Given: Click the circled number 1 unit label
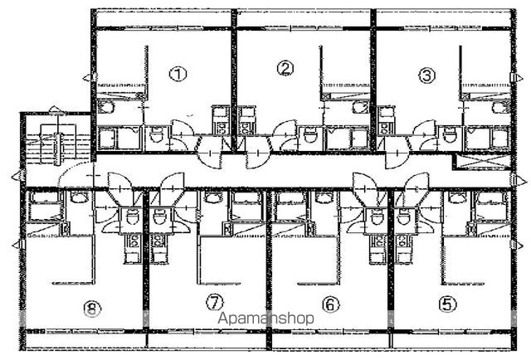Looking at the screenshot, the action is [x=178, y=74].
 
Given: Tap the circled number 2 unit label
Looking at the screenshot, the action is [x=285, y=68].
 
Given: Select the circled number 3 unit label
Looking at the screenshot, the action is [x=426, y=75].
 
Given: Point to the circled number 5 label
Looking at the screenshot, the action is [x=448, y=304].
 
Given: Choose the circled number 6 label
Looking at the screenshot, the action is [x=331, y=304].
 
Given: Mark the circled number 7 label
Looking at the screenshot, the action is [x=215, y=303].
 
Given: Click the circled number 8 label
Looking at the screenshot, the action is [x=92, y=309].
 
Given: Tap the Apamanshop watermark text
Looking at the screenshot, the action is [x=265, y=319].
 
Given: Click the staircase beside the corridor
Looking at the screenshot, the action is [x=57, y=144].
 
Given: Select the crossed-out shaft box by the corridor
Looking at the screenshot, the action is [x=482, y=162].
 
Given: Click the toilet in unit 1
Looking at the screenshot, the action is [x=157, y=136].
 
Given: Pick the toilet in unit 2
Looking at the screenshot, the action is [x=310, y=135].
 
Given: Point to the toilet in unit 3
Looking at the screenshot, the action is [x=450, y=135].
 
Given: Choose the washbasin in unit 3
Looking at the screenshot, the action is [x=499, y=107].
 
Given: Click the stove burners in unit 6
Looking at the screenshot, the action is [x=378, y=241].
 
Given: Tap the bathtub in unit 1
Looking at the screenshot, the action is [x=119, y=139].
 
